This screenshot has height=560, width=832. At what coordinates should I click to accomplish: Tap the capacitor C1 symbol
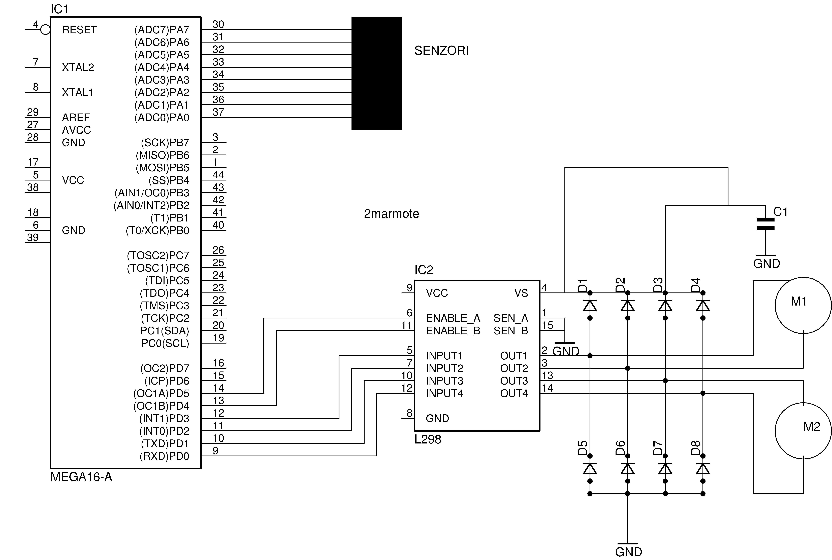pos(766,224)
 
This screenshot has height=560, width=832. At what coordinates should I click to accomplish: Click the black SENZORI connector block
pos(376,73)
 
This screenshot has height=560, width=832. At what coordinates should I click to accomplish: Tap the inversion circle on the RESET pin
pos(45,30)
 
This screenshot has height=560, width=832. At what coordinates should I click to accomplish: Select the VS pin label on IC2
pos(521,293)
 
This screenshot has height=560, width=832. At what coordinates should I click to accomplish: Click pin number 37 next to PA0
pos(218,112)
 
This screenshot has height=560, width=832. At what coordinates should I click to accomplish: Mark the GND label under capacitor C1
pos(767,264)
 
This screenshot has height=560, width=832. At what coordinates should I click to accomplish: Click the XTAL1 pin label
pos(78,93)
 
